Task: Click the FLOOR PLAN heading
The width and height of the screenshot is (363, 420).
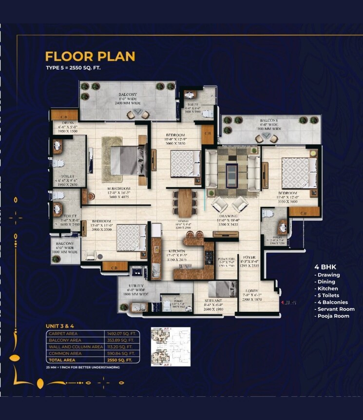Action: (90, 56)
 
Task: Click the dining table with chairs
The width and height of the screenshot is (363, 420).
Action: (185, 203)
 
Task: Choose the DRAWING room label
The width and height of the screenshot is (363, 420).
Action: (228, 216)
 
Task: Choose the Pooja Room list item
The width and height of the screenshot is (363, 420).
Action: (333, 316)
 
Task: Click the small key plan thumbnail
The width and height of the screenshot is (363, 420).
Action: (171, 346)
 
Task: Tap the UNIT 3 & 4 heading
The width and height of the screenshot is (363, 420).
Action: (60, 325)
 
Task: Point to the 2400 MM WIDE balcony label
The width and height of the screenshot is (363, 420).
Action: (128, 103)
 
